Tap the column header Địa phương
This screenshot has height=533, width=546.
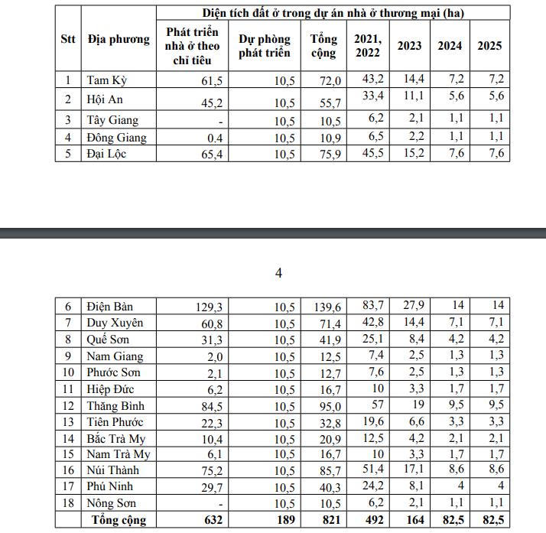[x=119, y=40]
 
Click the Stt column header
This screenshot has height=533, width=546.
[x=68, y=40]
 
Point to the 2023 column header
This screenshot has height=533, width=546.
[x=409, y=45]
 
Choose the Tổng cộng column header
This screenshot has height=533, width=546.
[x=323, y=45]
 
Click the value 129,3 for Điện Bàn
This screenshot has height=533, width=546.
[x=207, y=307]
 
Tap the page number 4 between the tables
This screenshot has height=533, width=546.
[x=278, y=273]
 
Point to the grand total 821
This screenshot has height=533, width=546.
[x=328, y=520]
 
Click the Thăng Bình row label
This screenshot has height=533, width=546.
[x=116, y=406]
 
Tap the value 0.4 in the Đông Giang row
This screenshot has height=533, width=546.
[x=215, y=138]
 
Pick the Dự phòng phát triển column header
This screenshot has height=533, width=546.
[x=265, y=45]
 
